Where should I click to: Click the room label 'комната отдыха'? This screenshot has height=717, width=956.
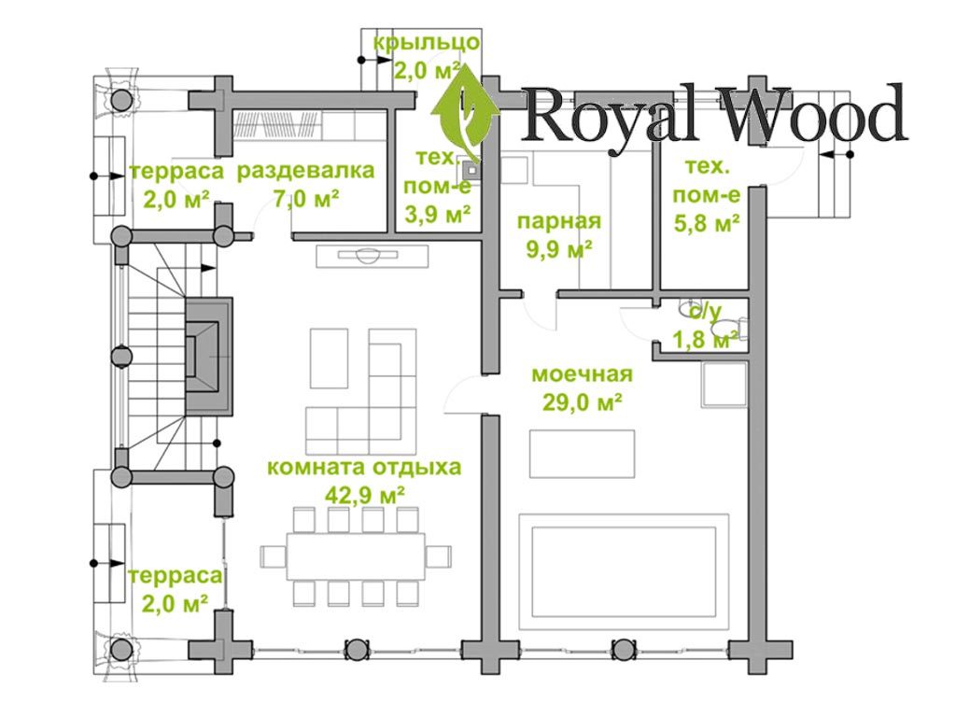[x=364, y=467]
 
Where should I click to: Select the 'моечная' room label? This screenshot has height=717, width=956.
[x=582, y=374]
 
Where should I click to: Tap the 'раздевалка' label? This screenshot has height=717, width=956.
[x=305, y=171]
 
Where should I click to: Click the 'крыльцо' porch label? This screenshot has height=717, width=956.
[x=427, y=42]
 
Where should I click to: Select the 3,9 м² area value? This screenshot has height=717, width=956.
[x=436, y=215]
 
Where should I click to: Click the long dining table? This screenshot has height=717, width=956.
[x=356, y=555]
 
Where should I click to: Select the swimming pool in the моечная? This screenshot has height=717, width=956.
[x=624, y=569]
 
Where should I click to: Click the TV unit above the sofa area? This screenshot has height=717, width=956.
[x=372, y=254]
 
